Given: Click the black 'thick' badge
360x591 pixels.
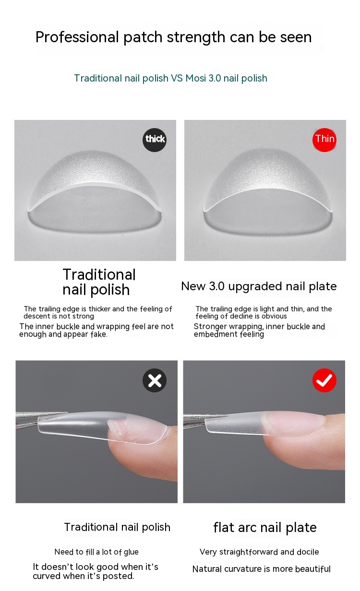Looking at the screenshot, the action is (x=155, y=140).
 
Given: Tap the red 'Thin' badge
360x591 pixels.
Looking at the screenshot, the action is (x=324, y=140).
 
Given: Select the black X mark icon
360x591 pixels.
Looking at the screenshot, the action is (x=155, y=380).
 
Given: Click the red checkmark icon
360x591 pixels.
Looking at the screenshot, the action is (x=324, y=380).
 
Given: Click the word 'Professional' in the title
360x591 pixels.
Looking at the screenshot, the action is (x=77, y=37).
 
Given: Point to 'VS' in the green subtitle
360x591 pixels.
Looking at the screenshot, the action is (x=177, y=78).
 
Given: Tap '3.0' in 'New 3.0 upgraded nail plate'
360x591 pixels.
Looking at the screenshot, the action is (x=216, y=286).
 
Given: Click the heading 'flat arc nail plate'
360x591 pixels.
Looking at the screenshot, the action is (x=265, y=527).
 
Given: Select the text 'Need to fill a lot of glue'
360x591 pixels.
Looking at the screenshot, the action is (x=96, y=552).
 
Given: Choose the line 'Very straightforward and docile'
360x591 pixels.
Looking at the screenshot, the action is (x=259, y=552).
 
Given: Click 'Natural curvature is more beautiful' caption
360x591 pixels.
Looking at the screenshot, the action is (x=261, y=569).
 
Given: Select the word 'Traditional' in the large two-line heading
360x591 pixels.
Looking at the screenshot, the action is (x=99, y=274).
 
